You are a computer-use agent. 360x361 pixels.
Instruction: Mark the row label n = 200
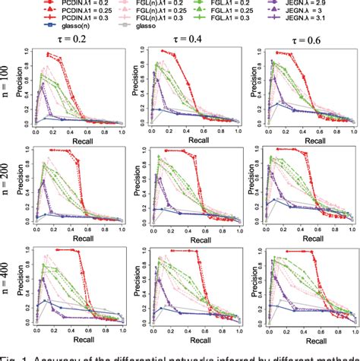pyautogui.click(x=11, y=188)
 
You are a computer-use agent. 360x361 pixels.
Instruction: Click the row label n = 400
pyautogui.click(x=11, y=287)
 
